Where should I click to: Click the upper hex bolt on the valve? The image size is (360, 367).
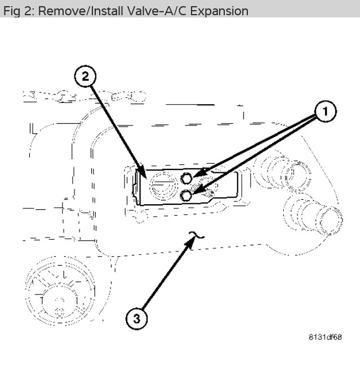pyautogui.click(x=186, y=179)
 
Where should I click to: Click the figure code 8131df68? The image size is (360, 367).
pyautogui.click(x=325, y=337)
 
